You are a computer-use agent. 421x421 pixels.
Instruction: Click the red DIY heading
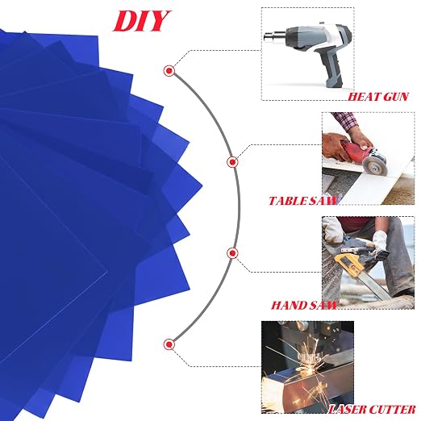coord(142,21)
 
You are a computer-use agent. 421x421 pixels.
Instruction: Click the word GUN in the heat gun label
coord(396,97)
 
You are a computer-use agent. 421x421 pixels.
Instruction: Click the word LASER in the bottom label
coord(348,410)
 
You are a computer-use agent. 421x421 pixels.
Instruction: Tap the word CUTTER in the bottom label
coord(392,410)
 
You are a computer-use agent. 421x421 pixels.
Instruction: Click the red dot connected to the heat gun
coord(169,71)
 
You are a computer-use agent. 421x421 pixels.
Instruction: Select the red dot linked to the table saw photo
coord(232,162)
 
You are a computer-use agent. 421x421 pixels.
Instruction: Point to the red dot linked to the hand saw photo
coord(232,253)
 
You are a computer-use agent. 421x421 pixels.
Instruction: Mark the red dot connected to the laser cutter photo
coord(169,344)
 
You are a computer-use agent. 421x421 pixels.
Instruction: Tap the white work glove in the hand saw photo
coord(380,241)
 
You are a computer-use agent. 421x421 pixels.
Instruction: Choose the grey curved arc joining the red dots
coord(239,207)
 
